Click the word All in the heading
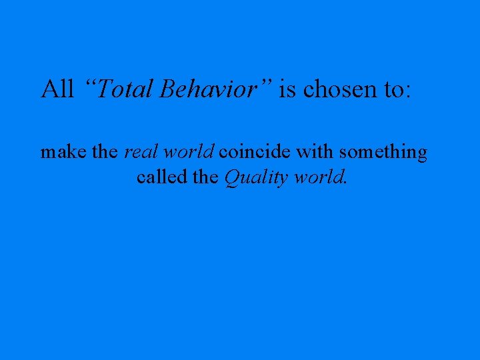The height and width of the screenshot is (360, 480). pyautogui.click(x=57, y=89)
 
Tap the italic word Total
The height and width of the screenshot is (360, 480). pyautogui.click(x=127, y=89)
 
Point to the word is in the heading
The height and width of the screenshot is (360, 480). pyautogui.click(x=287, y=89)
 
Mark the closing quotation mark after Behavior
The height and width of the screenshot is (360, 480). pyautogui.click(x=267, y=83)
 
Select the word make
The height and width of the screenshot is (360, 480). pyautogui.click(x=64, y=153)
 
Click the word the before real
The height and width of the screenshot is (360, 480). pyautogui.click(x=105, y=153)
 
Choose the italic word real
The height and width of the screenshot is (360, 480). pyautogui.click(x=141, y=153)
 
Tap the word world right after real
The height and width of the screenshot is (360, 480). pyautogui.click(x=188, y=153)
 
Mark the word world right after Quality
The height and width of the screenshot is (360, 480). pyautogui.click(x=319, y=178)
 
